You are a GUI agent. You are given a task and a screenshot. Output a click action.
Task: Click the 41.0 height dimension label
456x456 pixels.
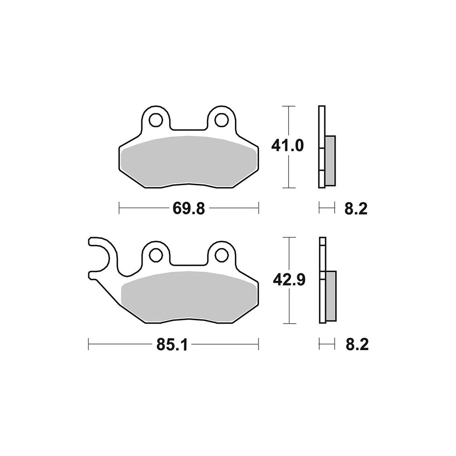click(x=287, y=145)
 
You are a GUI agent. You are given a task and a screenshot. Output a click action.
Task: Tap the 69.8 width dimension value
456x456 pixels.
click(x=189, y=208)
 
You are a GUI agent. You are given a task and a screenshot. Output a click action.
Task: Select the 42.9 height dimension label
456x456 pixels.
click(x=289, y=280)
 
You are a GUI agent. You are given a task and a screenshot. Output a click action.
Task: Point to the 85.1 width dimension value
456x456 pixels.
click(x=172, y=345)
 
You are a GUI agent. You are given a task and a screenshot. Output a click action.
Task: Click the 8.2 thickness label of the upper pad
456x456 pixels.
click(x=356, y=208)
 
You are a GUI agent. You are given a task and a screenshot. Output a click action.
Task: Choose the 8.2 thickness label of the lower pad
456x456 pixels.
click(x=357, y=345)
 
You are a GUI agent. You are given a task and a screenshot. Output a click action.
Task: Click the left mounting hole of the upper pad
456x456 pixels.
click(x=155, y=119)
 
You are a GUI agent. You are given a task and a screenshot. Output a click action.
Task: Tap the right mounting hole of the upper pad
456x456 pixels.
click(x=221, y=119)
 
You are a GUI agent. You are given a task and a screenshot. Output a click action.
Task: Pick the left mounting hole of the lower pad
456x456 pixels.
click(x=155, y=255)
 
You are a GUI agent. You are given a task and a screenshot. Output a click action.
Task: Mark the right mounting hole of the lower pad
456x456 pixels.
click(x=221, y=255)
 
